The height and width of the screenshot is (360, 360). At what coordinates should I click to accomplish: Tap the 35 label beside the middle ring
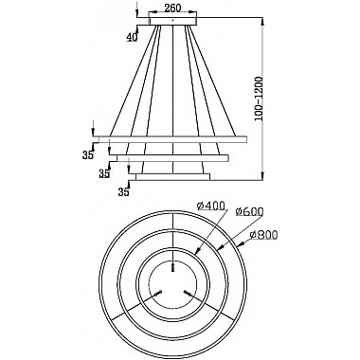coord(104,174)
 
